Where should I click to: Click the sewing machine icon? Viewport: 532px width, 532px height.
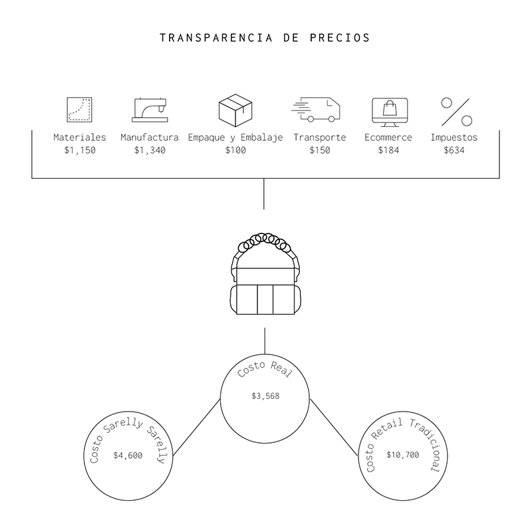tap(149, 110)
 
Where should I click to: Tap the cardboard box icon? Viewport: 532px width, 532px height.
tap(235, 109)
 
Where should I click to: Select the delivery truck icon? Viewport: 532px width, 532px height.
tap(317, 110)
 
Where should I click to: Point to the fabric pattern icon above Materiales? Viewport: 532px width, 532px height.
tap(80, 110)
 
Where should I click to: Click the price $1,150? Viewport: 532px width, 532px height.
tap(80, 150)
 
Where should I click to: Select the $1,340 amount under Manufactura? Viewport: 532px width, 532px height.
tap(150, 150)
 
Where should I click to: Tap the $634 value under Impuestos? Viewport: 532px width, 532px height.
tap(454, 150)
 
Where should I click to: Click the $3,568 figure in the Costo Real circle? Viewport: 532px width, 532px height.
tap(265, 396)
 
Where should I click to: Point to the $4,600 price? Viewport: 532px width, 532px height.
tap(127, 456)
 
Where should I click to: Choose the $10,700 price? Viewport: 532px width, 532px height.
tap(403, 456)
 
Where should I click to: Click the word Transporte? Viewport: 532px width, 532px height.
tap(320, 138)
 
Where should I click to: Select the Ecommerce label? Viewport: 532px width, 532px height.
tap(388, 138)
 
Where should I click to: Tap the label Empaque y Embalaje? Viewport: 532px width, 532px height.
tap(235, 138)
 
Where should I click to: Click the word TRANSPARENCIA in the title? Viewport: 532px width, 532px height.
tap(214, 37)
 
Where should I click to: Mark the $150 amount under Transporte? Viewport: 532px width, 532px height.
tap(320, 150)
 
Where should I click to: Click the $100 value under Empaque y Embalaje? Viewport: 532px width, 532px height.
tap(235, 150)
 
